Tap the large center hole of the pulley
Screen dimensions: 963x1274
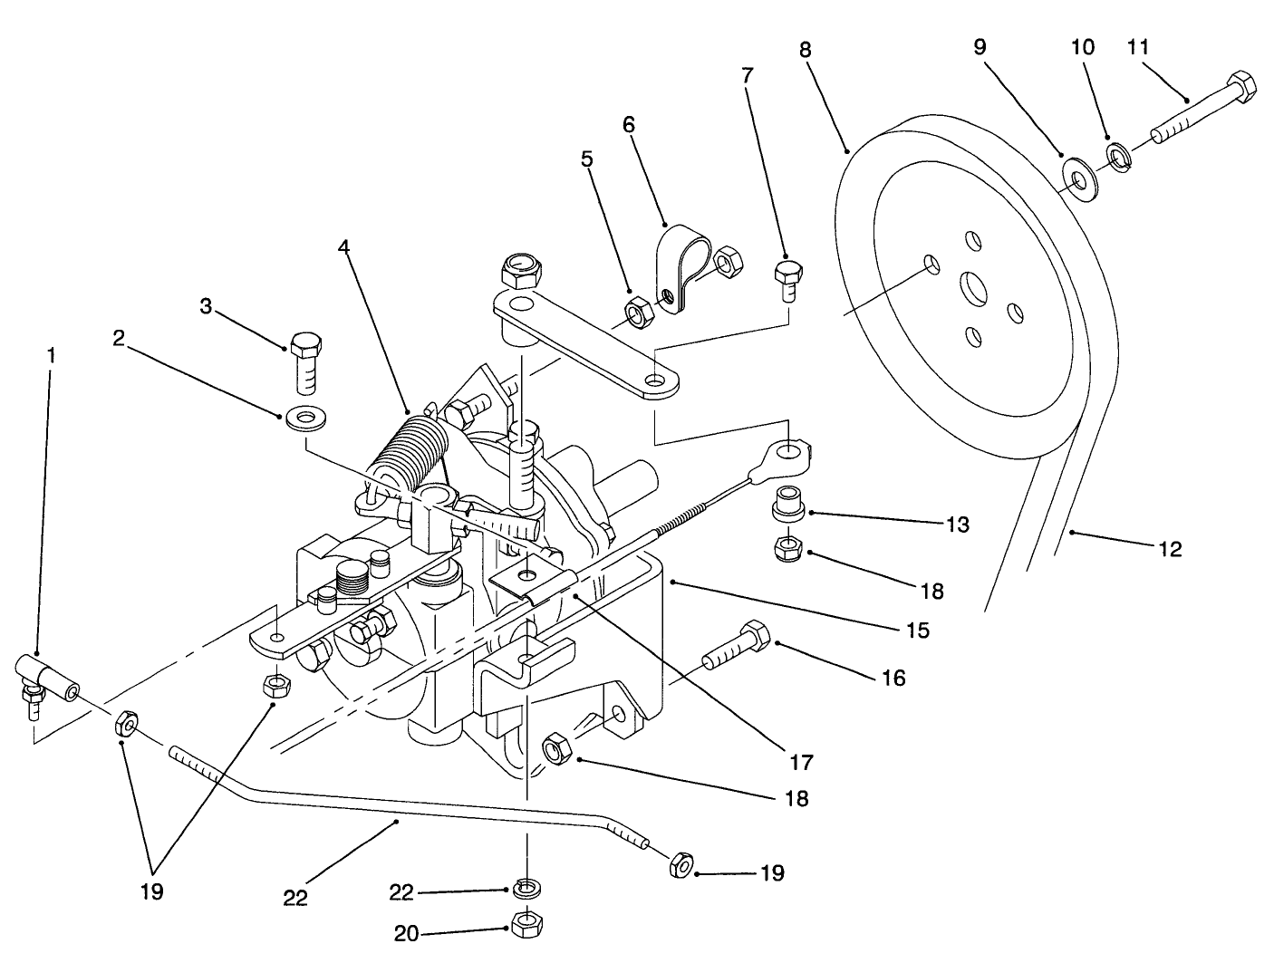[974, 289]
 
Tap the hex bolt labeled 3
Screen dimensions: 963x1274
[305, 361]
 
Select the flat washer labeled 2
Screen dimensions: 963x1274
[305, 419]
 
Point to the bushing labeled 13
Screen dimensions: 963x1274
[787, 505]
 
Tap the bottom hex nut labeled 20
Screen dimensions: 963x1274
[526, 924]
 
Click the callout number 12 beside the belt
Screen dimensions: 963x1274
[1170, 549]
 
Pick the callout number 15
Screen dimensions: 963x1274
[917, 630]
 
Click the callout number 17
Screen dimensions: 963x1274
[802, 762]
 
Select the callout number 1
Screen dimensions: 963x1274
[51, 356]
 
